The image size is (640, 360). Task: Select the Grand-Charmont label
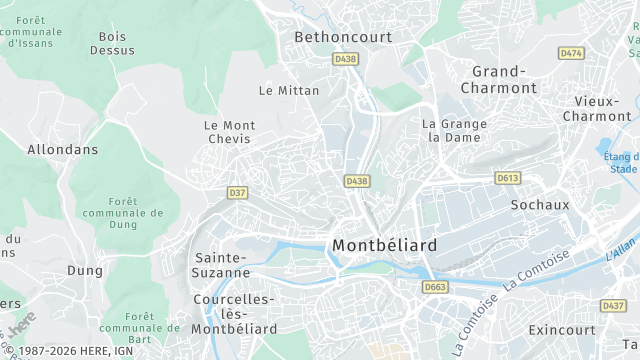pos(498,79)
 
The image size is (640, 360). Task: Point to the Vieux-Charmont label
pos(596,109)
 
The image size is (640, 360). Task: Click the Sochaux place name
pos(539,205)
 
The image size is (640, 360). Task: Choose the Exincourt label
pos(561,329)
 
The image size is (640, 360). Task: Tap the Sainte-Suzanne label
pos(222,264)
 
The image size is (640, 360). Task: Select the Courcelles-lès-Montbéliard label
pos(232,314)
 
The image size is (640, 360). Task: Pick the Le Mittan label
pos(289,90)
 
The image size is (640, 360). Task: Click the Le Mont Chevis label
pos(229,132)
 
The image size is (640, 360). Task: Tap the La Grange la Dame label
pos(454,130)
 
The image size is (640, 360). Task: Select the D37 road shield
pos(237,192)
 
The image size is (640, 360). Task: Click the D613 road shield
pos(507,178)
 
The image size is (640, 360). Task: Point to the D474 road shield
pos(571,52)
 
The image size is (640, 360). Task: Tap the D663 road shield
pos(435,287)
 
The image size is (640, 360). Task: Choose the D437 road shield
pos(613,305)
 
